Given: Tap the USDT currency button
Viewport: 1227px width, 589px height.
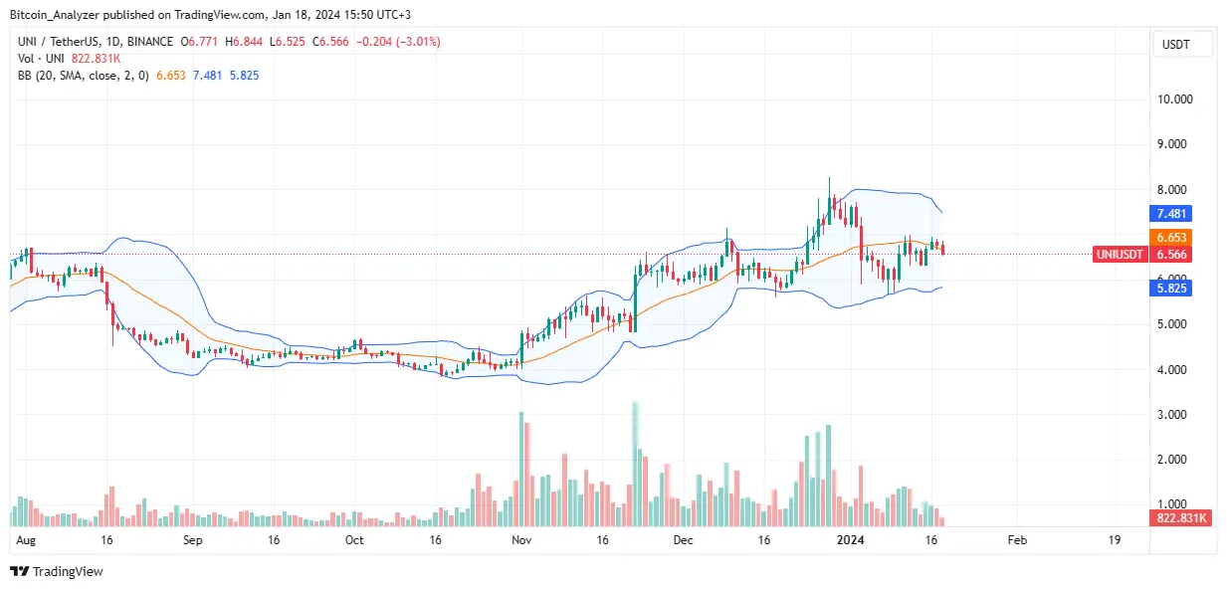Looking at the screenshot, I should coord(1181,44).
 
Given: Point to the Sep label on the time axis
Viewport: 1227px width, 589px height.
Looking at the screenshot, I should coord(193,540).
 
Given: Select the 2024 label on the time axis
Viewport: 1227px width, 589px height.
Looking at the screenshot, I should coord(851,540).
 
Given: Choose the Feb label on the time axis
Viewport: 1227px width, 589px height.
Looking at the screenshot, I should coord(1016,540).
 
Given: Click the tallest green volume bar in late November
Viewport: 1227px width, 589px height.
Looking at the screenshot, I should coord(635,463).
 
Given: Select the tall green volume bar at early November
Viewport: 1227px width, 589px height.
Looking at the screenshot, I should coord(521,468).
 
